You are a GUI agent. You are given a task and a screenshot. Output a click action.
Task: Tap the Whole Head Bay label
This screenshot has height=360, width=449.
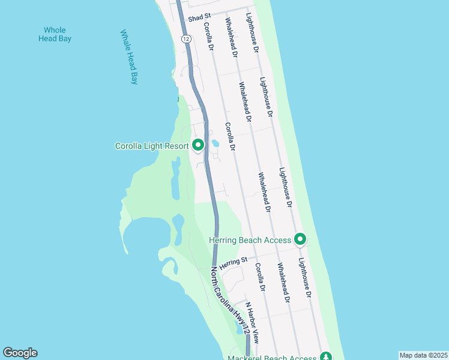(55, 34)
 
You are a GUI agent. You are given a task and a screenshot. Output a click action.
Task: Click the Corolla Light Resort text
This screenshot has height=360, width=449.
(152, 146)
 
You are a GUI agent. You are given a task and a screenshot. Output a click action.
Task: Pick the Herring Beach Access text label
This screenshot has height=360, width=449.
(250, 240)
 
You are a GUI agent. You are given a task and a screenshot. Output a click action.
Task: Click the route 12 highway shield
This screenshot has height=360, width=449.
(187, 38)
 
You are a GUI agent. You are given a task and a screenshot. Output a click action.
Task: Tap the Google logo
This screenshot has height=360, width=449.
(20, 353)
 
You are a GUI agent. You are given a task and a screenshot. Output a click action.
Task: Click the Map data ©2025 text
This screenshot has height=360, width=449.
(423, 355)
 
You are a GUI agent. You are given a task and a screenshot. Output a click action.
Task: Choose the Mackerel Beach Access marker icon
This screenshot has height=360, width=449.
(325, 356)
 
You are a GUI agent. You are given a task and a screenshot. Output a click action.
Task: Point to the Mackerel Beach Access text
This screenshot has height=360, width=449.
(273, 358)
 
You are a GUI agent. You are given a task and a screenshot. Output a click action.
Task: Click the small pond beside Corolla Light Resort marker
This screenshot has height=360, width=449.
(214, 143)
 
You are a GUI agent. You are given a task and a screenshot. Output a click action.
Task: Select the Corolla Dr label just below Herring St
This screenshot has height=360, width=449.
(261, 278)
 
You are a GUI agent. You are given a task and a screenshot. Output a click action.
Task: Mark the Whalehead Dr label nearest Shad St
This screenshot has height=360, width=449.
(231, 37)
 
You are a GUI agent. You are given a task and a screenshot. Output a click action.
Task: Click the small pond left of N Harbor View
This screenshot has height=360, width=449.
(240, 329)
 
